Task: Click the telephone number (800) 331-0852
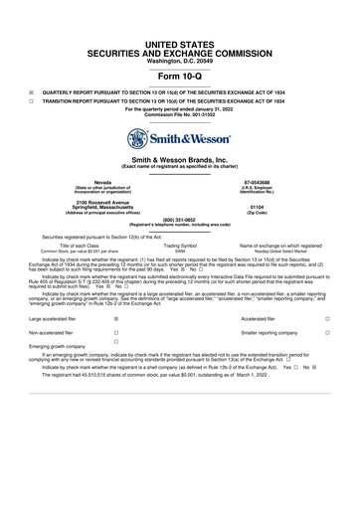pyautogui.click(x=180, y=219)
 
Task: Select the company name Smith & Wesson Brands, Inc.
pyautogui.click(x=180, y=160)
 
